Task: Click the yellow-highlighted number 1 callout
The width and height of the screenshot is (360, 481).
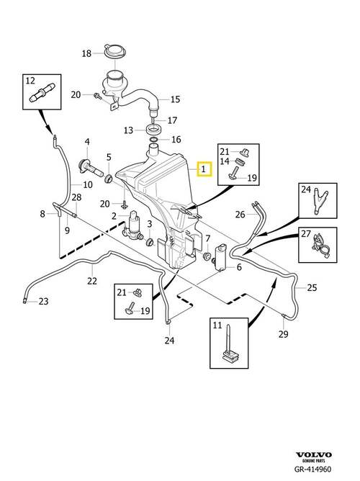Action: (204, 168)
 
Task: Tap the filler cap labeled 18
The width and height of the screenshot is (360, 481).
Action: (115, 52)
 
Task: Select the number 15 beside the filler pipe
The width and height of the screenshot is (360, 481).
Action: (175, 99)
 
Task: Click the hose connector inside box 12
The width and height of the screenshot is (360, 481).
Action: (42, 92)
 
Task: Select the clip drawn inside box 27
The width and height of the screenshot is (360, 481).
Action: (320, 246)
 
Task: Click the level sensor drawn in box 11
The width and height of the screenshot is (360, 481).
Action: (230, 345)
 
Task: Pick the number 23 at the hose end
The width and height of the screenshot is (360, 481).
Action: (43, 302)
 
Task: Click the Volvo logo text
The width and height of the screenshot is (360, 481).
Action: (313, 454)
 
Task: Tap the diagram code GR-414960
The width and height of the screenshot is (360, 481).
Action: (312, 469)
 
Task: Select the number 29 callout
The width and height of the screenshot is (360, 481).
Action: (284, 334)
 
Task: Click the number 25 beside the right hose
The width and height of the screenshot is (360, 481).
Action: (312, 288)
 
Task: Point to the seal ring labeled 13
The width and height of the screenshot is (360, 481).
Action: (153, 129)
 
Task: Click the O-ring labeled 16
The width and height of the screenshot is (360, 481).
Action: (153, 140)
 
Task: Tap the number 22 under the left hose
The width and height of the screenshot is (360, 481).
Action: (92, 281)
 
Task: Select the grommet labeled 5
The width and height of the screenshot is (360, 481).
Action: (109, 179)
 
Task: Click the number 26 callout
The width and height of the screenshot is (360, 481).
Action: (240, 215)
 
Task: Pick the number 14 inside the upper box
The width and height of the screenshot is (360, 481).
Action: (225, 161)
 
